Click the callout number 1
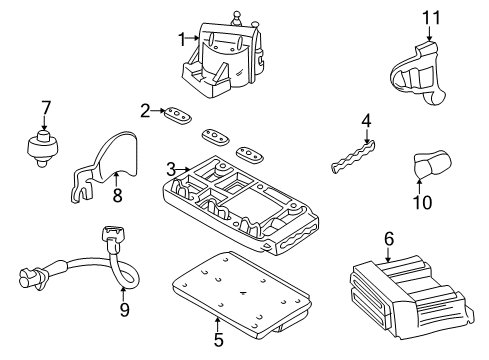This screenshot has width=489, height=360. (x=182, y=39)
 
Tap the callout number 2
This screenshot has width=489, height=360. (x=145, y=110)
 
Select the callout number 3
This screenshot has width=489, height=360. (x=172, y=169)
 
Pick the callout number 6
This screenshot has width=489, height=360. (x=389, y=238)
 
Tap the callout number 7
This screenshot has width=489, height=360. (x=44, y=106)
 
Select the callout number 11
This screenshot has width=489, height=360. (x=430, y=17)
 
